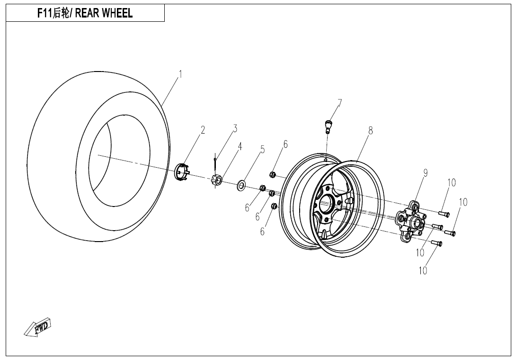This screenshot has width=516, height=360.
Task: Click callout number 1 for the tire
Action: tap(180, 74)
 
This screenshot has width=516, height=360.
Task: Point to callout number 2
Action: tap(203, 130)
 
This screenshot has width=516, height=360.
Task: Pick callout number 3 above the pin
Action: tap(235, 128)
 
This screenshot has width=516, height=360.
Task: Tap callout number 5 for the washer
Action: tap(262, 150)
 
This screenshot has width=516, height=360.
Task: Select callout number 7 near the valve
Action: tap(339, 103)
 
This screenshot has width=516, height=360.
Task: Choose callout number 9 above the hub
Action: tap(426, 173)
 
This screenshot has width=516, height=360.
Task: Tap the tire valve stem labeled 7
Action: tap(327, 126)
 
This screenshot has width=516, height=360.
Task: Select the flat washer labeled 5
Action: tap(241, 185)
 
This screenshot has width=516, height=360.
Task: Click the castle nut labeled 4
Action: tap(217, 180)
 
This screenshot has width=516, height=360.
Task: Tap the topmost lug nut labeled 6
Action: tap(273, 174)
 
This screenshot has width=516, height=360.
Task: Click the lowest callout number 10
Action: tap(423, 270)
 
